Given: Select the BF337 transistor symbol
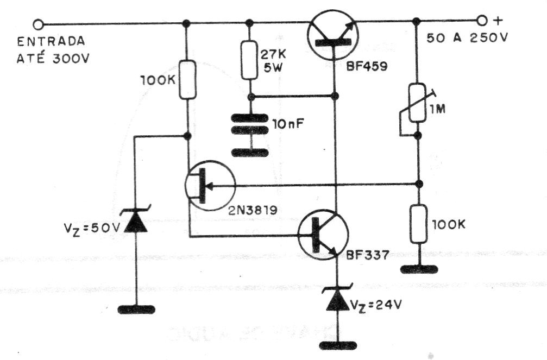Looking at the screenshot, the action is (323, 235).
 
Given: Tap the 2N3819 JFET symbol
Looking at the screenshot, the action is (210, 186).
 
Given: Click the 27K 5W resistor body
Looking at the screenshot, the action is (249, 60).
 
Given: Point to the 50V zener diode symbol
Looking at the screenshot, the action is (136, 220).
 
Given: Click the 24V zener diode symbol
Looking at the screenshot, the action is (338, 299).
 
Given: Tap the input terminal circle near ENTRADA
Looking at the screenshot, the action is (38, 24).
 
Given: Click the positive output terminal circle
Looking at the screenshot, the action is (482, 21).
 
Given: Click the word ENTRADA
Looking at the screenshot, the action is (51, 41).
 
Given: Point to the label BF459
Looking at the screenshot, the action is (367, 66).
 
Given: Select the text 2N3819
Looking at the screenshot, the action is (253, 210).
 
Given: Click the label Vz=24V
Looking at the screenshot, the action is (376, 306).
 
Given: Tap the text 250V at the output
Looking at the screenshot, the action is (489, 37).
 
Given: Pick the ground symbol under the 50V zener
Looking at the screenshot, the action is (136, 310).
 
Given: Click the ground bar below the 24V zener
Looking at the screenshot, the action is (338, 345).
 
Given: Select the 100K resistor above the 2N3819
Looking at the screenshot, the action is (187, 79).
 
